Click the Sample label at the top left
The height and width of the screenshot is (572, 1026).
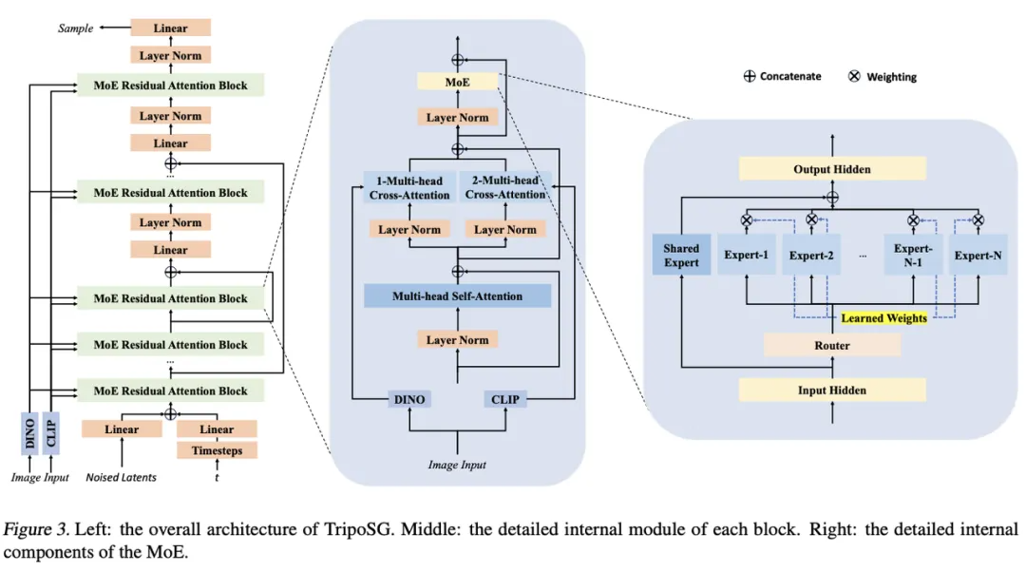coord(76,29)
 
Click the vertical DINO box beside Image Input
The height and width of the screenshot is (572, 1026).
coord(30,433)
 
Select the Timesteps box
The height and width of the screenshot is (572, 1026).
coord(217,450)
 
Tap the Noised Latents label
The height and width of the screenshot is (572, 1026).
coord(122,477)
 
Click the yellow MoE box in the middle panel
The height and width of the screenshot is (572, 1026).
coord(458,83)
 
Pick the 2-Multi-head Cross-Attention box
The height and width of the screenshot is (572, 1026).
coord(505,188)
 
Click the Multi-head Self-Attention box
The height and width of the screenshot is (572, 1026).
coord(457,296)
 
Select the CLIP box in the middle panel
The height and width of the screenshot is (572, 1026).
coord(505,399)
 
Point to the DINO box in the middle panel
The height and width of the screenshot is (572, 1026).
coord(410,399)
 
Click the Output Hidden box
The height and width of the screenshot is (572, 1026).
coord(832,169)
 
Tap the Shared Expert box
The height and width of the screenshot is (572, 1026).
coord(681,255)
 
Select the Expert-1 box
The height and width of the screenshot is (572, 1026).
coord(748,255)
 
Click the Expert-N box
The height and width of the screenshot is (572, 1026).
coord(978,255)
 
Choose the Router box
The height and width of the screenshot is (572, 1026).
coord(832,346)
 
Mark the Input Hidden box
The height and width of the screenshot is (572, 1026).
coord(832,390)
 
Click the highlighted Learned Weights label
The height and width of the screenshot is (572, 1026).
coord(884,318)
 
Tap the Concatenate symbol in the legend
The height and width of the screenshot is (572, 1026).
coord(750,76)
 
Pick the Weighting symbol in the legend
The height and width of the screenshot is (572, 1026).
coord(854,76)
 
